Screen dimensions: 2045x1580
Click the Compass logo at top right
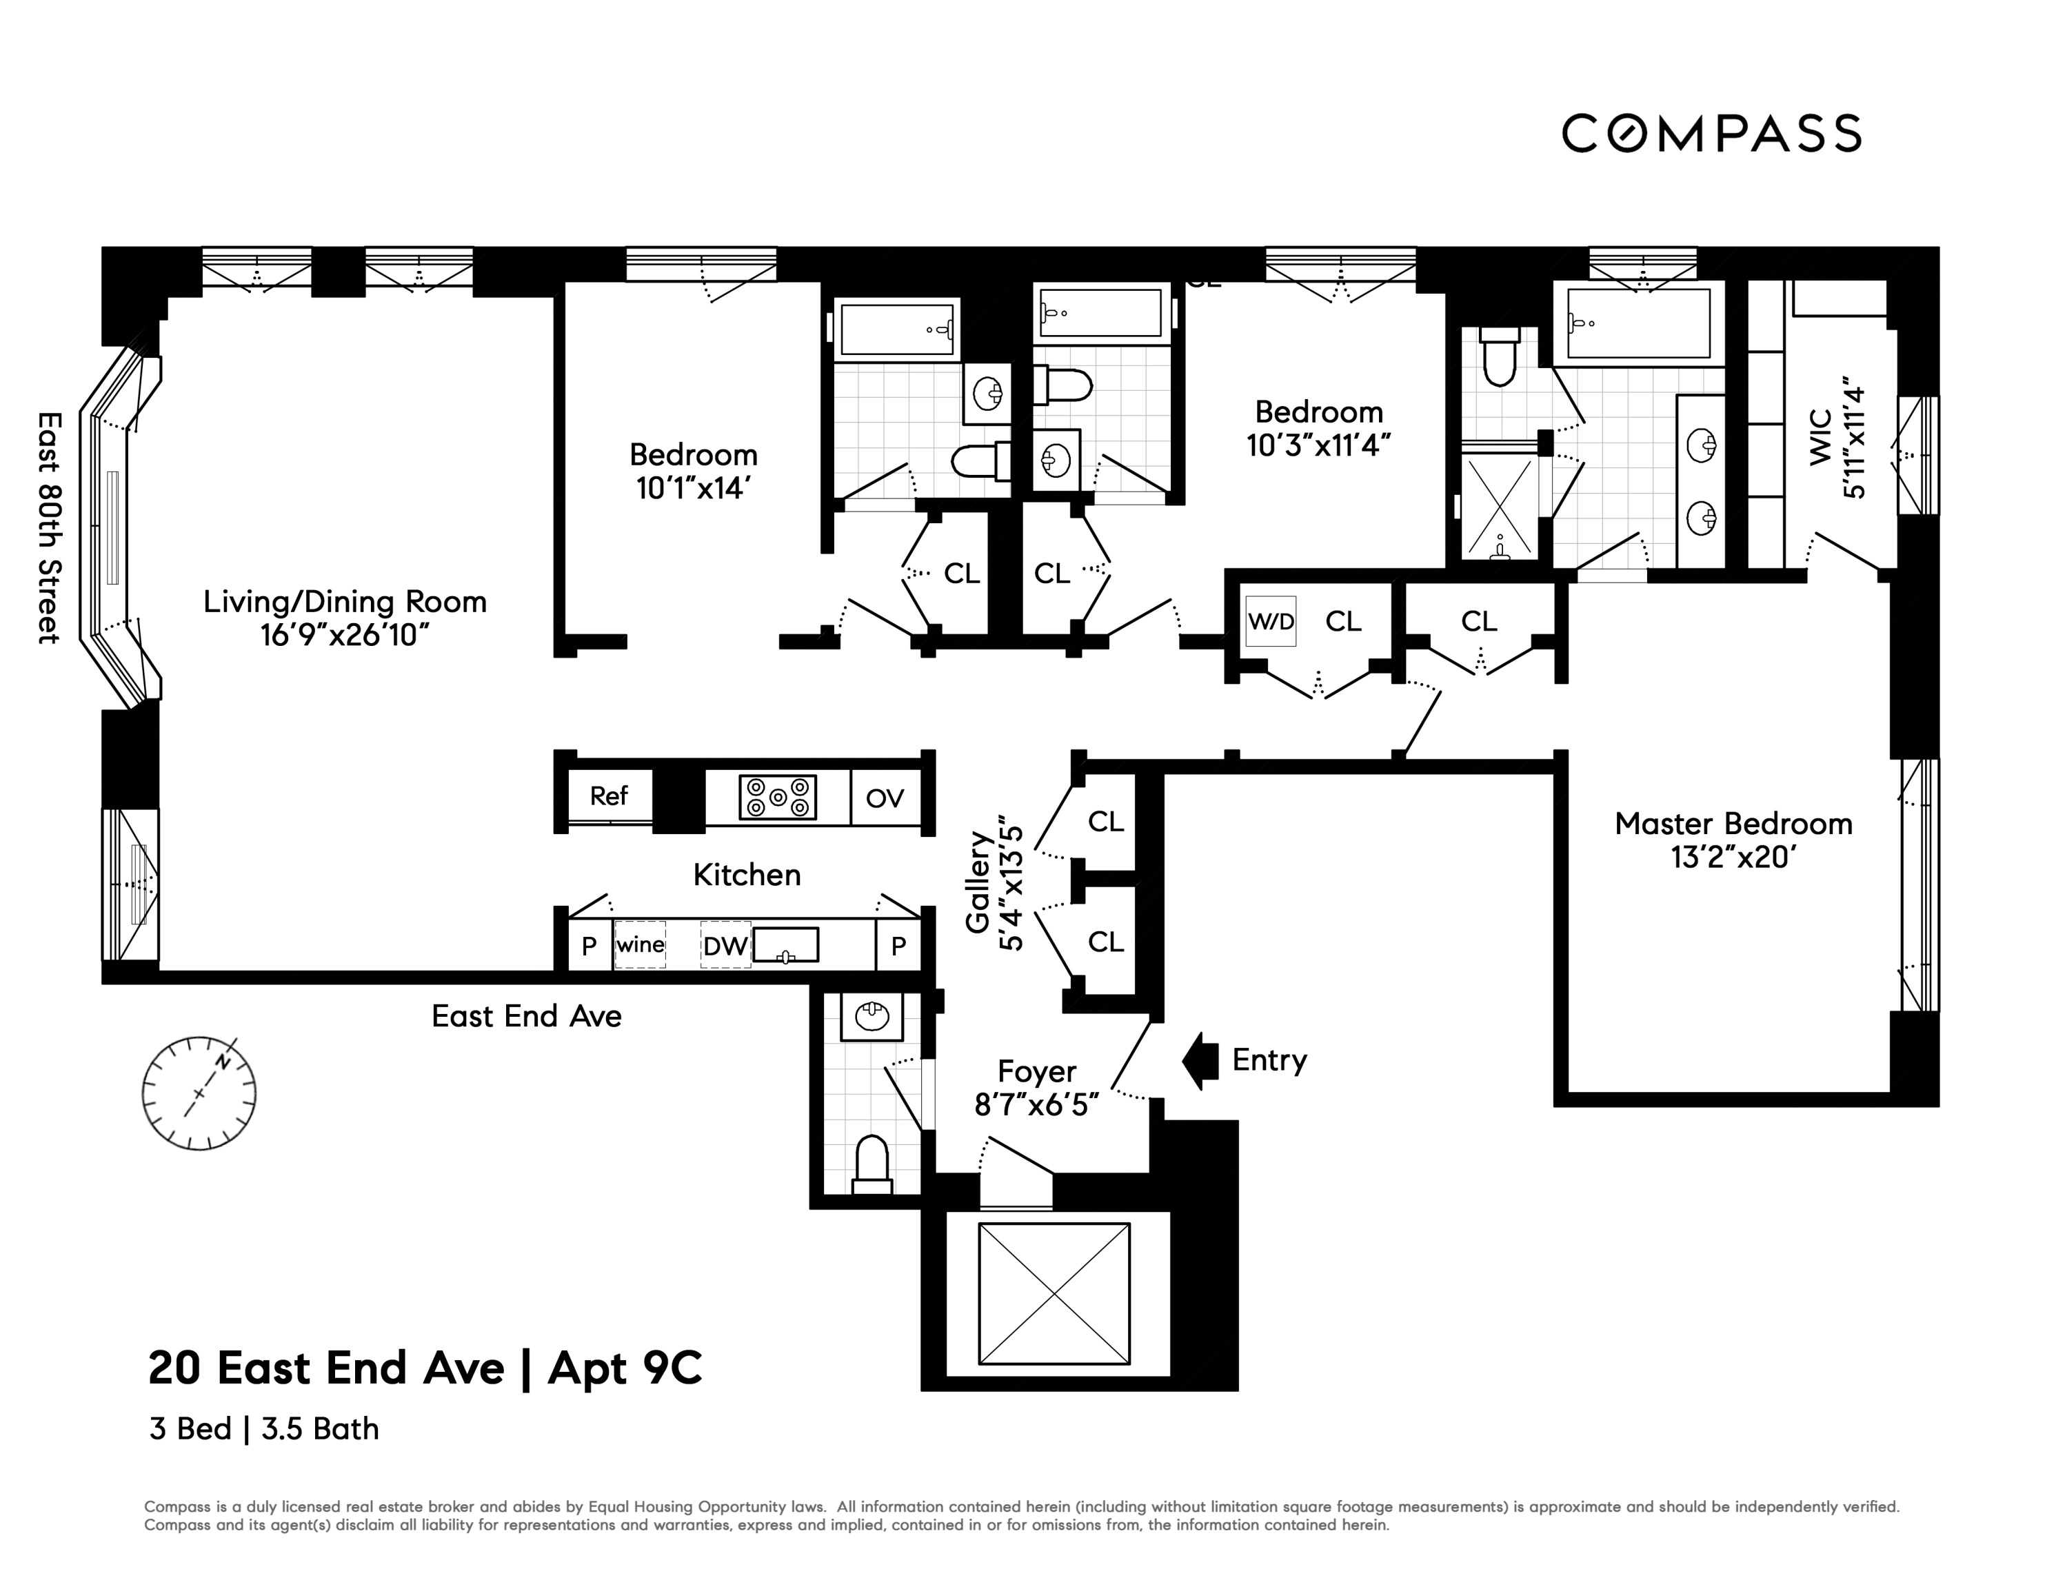click(1711, 133)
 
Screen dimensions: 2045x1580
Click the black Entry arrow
click(1200, 1060)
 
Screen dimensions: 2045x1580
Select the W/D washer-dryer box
click(1271, 622)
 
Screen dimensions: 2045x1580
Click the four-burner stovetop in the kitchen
click(777, 798)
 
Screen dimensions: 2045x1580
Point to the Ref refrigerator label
click(609, 796)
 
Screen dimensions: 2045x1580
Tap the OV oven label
click(885, 798)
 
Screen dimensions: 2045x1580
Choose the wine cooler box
click(641, 944)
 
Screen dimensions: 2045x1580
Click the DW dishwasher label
click(725, 946)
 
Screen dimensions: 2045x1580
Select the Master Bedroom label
click(1733, 824)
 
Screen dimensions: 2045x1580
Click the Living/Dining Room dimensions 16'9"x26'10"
click(345, 636)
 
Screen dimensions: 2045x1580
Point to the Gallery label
click(978, 882)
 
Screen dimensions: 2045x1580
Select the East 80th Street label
click(49, 528)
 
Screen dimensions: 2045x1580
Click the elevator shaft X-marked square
click(1054, 1294)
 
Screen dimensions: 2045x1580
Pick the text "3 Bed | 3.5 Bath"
click(264, 1429)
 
